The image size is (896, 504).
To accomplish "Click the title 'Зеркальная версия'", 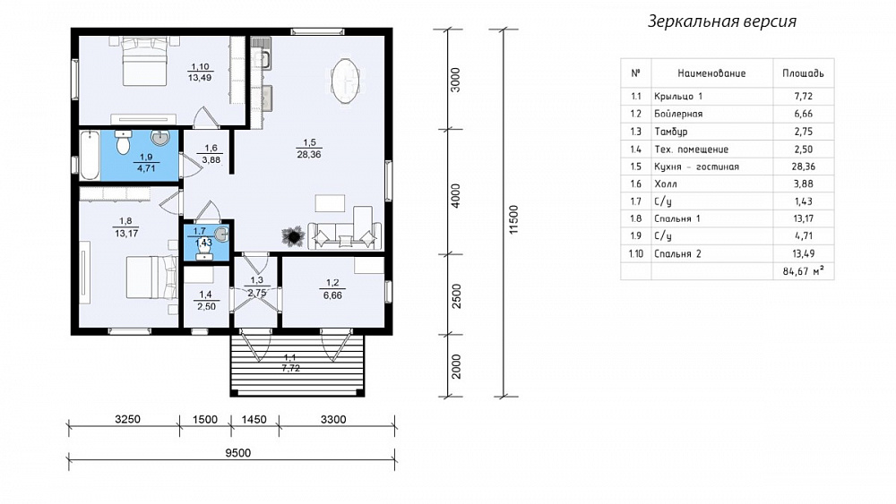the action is click(x=721, y=21).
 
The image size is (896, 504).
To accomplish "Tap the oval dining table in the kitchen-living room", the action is click(x=346, y=81).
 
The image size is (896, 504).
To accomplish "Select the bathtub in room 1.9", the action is click(x=90, y=155).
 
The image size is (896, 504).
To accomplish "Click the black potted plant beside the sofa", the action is click(x=294, y=235).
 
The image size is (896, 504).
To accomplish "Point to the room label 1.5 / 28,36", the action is click(x=309, y=149).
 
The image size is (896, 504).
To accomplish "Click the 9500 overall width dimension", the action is click(x=237, y=453).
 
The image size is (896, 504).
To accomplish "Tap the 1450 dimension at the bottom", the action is click(x=254, y=420).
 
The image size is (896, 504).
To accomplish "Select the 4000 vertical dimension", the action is click(x=455, y=195).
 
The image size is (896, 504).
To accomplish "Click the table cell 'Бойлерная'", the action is click(x=678, y=114).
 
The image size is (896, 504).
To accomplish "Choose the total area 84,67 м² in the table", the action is click(x=804, y=271).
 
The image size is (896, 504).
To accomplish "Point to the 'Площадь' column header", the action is click(x=803, y=73).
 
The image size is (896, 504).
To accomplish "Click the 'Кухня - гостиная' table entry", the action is click(x=696, y=167).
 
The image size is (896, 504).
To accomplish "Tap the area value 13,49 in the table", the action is click(x=804, y=253).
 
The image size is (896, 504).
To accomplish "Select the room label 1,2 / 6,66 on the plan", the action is click(x=332, y=289).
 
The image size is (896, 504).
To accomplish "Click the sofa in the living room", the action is click(x=345, y=235).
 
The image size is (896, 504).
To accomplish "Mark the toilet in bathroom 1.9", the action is click(x=124, y=142).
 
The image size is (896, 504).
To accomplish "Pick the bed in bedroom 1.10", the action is click(x=145, y=61).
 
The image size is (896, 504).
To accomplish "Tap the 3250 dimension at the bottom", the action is click(x=127, y=420).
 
